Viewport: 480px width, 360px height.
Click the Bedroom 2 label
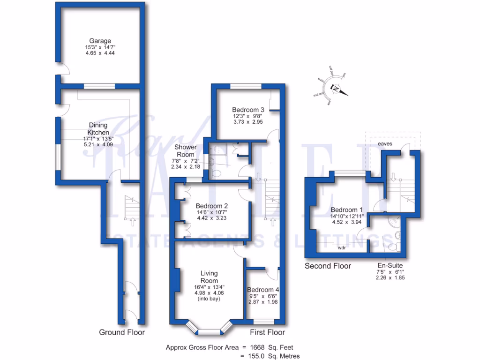click(212, 206)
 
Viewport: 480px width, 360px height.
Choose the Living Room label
click(209, 277)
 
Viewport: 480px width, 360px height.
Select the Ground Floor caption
click(122, 332)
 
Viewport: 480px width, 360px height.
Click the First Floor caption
click(267, 332)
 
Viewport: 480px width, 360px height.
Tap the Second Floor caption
click(328, 266)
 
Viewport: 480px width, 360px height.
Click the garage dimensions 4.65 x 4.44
click(100, 53)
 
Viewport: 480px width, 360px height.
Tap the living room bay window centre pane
click(209, 332)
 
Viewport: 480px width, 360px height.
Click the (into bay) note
click(209, 299)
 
